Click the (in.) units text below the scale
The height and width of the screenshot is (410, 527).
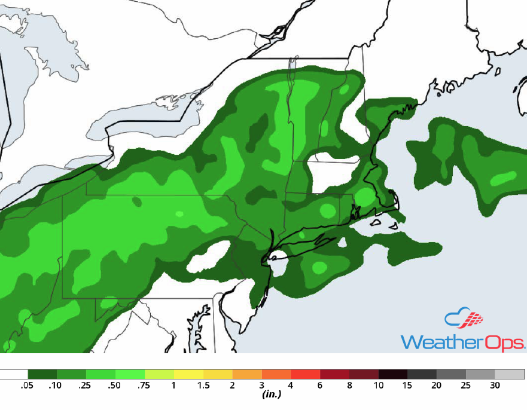pyautogui.click(x=272, y=394)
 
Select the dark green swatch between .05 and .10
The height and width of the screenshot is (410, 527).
pyautogui.click(x=42, y=374)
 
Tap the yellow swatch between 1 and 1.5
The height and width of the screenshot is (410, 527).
pyautogui.click(x=188, y=374)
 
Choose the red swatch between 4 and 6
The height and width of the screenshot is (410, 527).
pyautogui.click(x=305, y=374)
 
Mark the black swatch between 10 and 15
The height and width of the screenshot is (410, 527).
pyautogui.click(x=392, y=374)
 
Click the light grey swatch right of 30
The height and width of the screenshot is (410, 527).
pyautogui.click(x=510, y=374)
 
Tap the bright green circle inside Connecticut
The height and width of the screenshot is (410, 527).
pyautogui.click(x=327, y=210)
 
